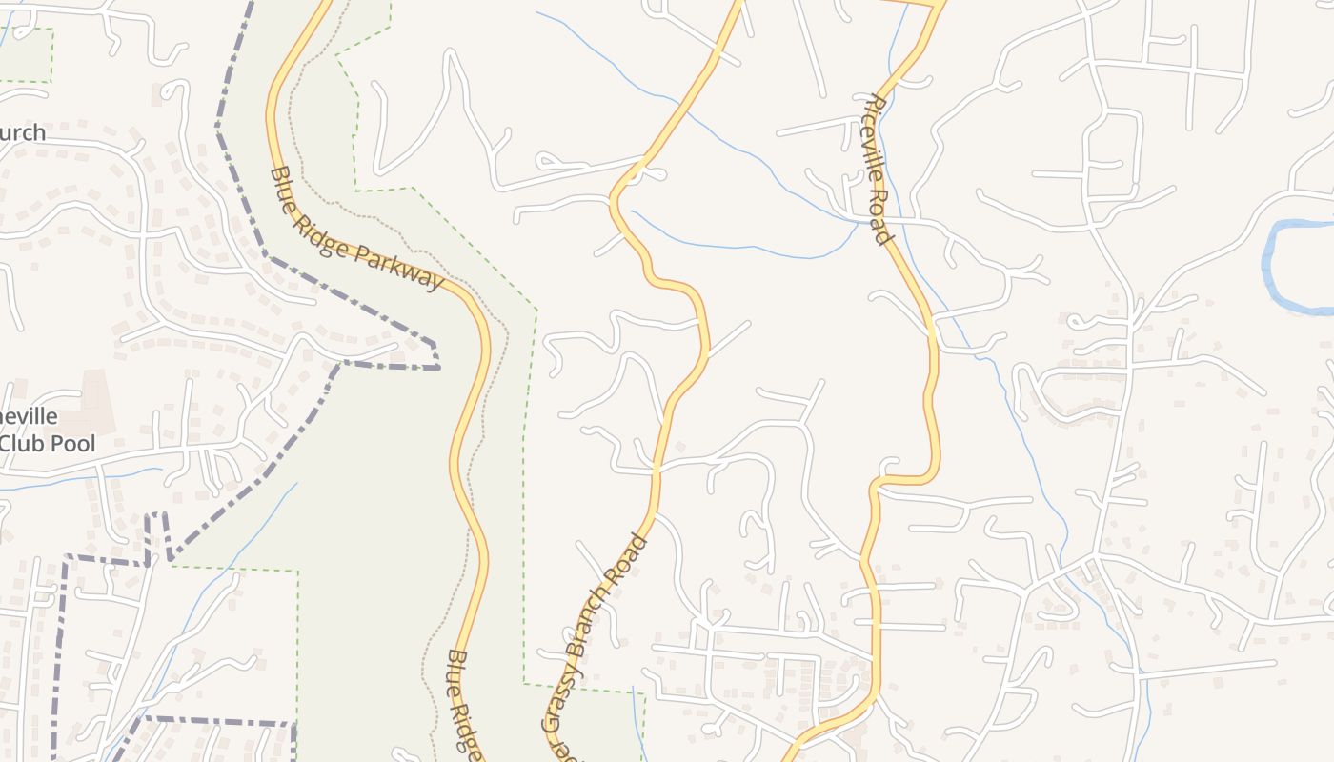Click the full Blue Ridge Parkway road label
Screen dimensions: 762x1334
point(357,230)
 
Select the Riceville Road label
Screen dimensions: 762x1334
point(881,170)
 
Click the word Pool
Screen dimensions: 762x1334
point(75,444)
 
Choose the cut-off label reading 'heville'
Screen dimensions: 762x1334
point(29,417)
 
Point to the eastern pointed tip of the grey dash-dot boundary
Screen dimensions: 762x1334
point(439,367)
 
